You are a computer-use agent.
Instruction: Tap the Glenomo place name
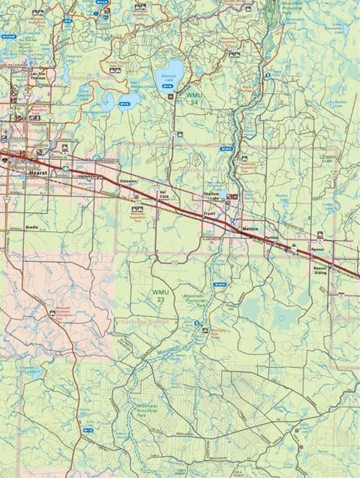coord(128,182)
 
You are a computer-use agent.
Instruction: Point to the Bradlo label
coord(31,225)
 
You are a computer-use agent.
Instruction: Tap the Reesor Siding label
coord(321,269)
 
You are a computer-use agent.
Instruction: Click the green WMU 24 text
coord(194,99)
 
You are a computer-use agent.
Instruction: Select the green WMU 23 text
coord(159,294)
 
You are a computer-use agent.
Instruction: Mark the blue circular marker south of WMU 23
coord(196,324)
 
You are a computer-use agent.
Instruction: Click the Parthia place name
coord(271,238)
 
